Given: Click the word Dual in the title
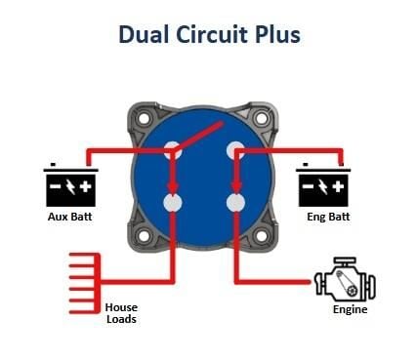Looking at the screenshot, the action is (x=144, y=34).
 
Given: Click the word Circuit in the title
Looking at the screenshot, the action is (x=213, y=34).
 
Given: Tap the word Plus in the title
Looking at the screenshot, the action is (x=277, y=34).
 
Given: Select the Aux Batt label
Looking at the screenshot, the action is (x=70, y=217).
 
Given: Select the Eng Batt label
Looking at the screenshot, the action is (x=328, y=217).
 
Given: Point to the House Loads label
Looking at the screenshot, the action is (x=121, y=313).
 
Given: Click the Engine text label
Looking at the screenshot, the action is (x=350, y=309).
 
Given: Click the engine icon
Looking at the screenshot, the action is (x=346, y=280).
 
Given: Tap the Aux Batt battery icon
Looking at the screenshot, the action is (x=70, y=184).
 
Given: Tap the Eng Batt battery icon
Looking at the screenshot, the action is (x=323, y=184).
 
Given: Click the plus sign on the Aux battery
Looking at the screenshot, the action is (x=86, y=186).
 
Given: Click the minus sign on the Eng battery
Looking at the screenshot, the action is (x=308, y=186).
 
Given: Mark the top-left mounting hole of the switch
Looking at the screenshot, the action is (x=144, y=118).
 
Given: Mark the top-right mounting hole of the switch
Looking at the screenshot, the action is (x=262, y=118).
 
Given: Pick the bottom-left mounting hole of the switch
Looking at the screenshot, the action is (x=144, y=236).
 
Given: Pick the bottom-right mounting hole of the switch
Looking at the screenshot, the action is (x=262, y=236).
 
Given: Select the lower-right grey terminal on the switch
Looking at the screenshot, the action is (x=235, y=203).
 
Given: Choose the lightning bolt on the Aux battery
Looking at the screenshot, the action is (x=70, y=186).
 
